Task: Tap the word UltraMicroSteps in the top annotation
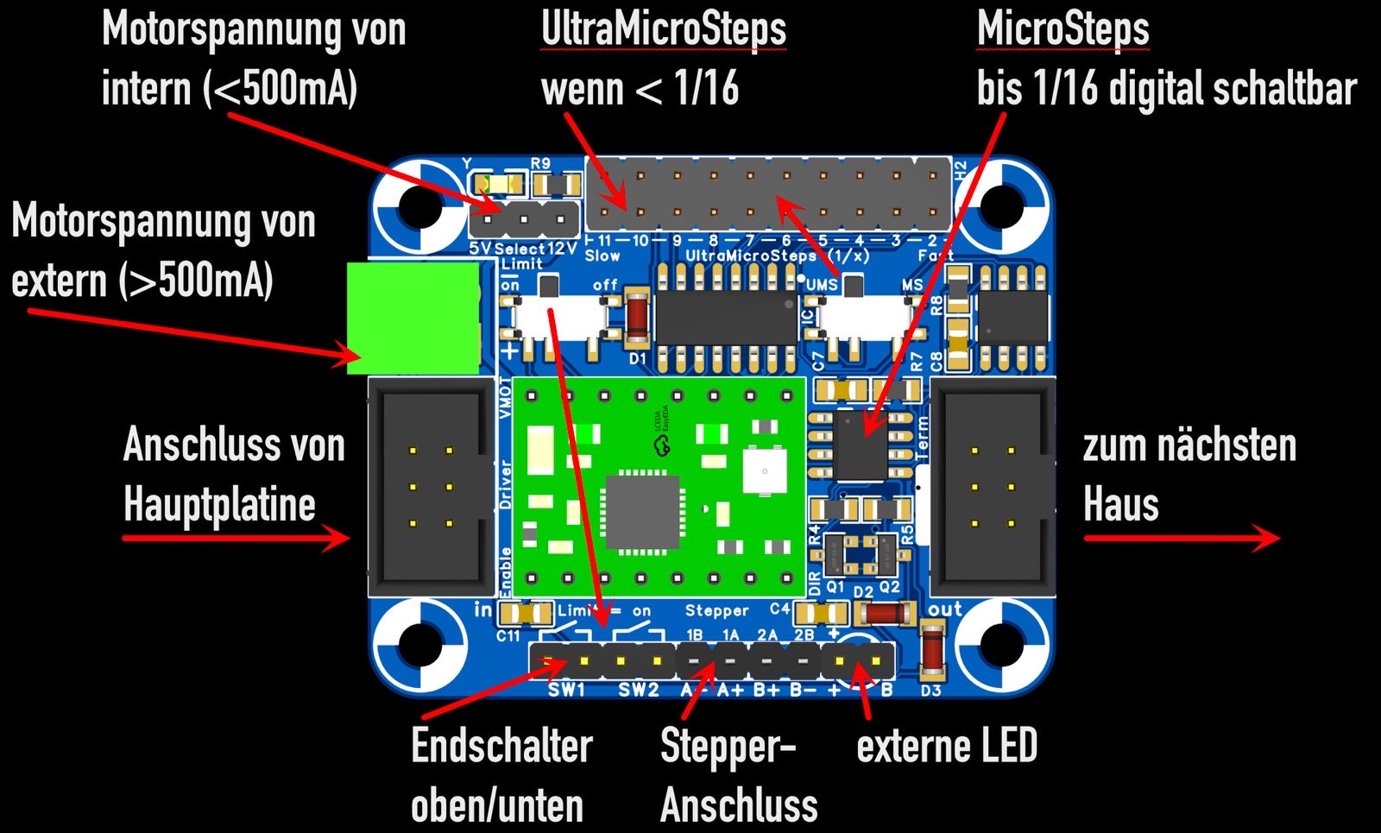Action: click(x=663, y=29)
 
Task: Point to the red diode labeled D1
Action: click(x=637, y=317)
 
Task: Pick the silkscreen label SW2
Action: click(x=639, y=690)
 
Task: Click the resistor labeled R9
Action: click(x=557, y=184)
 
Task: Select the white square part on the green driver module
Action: click(x=764, y=471)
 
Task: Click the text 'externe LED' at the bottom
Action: click(x=946, y=746)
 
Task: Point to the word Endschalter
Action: click(x=501, y=746)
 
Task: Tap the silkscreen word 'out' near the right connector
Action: click(x=944, y=609)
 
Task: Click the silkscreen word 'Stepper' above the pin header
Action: click(x=716, y=610)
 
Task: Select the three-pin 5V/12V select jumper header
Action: click(x=524, y=220)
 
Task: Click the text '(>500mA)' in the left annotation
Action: click(x=198, y=281)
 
